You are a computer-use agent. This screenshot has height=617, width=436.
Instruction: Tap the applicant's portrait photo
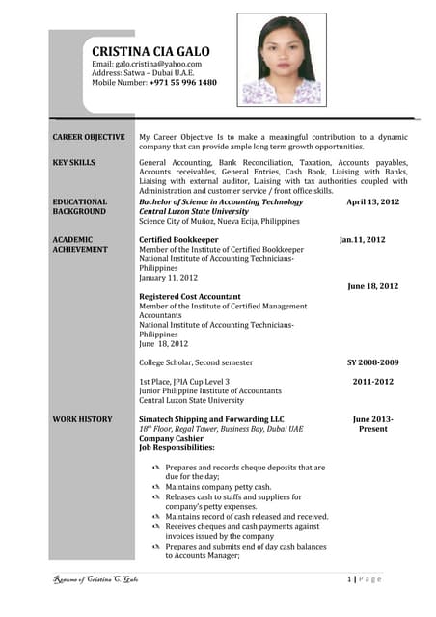tap(282, 60)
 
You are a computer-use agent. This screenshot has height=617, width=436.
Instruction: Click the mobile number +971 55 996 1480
tap(183, 83)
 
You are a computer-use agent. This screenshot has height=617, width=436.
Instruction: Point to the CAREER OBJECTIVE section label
tap(89, 137)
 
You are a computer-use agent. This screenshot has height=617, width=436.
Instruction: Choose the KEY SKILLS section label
tap(74, 163)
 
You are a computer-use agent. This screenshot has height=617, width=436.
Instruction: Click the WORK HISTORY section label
tap(82, 419)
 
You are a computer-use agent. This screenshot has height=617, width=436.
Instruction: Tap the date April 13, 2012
tap(372, 201)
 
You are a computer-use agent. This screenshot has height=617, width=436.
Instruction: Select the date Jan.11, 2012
tap(362, 239)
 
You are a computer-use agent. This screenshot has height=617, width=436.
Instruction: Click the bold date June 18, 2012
tap(372, 286)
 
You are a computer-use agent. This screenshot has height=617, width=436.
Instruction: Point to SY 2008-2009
tap(372, 362)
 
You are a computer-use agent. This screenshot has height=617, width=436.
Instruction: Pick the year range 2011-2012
tap(372, 382)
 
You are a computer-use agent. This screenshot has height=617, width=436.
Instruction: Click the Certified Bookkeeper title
tap(178, 239)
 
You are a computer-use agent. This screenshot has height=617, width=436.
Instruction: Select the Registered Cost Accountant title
tap(190, 296)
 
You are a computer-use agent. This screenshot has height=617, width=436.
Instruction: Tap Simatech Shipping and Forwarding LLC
tap(211, 419)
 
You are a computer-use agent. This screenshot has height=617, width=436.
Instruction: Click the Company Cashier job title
tap(173, 438)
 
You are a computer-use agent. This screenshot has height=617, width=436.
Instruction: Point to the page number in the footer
tap(349, 578)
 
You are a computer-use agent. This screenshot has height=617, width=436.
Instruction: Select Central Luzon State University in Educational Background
tap(194, 211)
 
